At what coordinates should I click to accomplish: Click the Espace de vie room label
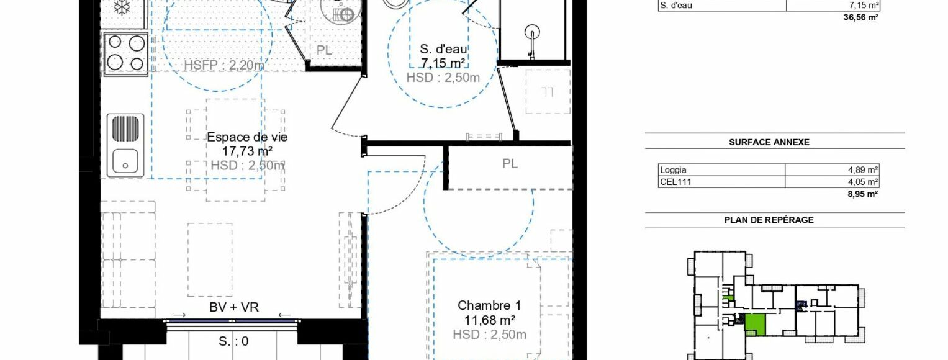click(x=247, y=137)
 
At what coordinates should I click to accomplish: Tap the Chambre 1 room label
click(x=489, y=305)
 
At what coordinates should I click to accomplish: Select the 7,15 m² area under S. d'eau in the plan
click(x=443, y=63)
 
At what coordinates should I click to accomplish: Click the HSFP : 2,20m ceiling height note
click(x=224, y=65)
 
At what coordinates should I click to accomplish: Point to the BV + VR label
click(x=234, y=307)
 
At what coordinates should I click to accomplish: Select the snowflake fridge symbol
click(x=122, y=7)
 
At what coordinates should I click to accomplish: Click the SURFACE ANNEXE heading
click(x=769, y=142)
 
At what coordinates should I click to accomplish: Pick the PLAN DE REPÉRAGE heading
click(x=769, y=220)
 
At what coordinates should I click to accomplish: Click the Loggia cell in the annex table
click(x=673, y=170)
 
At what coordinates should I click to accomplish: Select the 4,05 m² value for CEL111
click(x=863, y=182)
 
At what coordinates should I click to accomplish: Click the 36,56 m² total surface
click(x=861, y=17)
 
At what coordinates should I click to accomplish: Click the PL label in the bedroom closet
click(x=510, y=164)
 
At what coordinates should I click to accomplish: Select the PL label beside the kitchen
click(x=324, y=50)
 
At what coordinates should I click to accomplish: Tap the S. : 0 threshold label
click(x=233, y=341)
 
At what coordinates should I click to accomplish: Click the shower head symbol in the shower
click(x=532, y=32)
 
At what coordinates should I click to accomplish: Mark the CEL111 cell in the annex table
click(x=675, y=182)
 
